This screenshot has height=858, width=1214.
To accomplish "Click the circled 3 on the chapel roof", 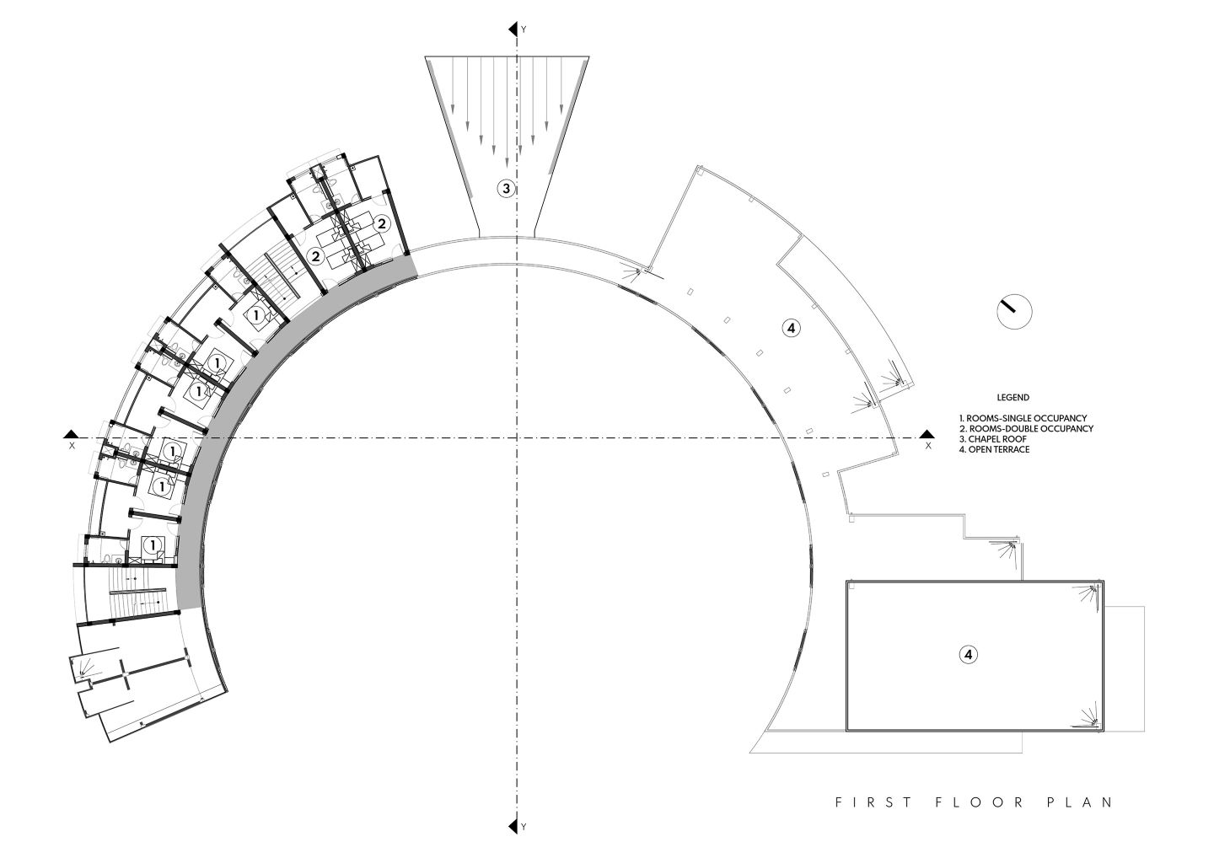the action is pos(506,189).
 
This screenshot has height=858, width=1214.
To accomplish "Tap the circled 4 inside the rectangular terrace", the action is pos(969,655).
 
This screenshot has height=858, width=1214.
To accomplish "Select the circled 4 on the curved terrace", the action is pos(792,328).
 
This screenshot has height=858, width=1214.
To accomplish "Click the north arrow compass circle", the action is pos(1014,312).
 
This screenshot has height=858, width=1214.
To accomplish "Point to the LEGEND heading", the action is pos(1013,398).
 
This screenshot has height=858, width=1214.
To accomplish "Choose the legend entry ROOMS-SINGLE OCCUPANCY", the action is pos(1023,418).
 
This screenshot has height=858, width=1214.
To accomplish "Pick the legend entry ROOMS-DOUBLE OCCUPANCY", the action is pos(1026,428).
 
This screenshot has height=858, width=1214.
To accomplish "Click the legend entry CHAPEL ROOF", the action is pos(993,439).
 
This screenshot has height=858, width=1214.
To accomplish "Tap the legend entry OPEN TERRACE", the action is pos(994,449).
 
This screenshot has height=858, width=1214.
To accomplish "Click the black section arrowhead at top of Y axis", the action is pos(513,29).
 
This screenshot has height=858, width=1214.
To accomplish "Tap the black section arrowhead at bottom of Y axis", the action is pos(513,841).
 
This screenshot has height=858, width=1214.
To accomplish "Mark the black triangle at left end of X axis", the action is pos(71,433).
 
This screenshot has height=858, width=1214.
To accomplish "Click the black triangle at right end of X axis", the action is pos(927,433).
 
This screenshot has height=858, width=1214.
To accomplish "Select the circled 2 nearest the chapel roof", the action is pos(382,223).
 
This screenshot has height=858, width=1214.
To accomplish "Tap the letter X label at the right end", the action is pos(928,446).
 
